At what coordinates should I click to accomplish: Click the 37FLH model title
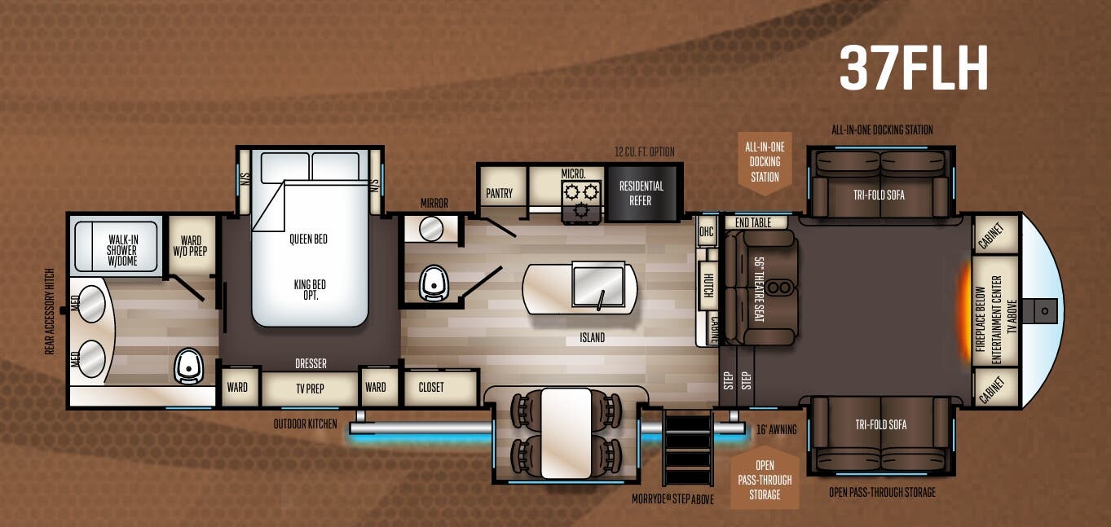914,68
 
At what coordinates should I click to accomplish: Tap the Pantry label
499,193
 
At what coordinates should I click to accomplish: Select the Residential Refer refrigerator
641,193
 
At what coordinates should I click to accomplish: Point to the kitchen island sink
598,284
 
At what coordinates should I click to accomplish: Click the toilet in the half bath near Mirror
433,283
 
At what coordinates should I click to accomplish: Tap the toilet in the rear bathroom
188,367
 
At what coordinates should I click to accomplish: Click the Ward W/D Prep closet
191,245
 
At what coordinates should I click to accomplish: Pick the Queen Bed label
308,239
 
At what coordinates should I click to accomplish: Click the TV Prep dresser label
310,388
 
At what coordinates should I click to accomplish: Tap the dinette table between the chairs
566,433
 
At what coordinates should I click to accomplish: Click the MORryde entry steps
688,450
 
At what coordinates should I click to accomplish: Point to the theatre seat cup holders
781,286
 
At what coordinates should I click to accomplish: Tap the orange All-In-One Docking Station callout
764,161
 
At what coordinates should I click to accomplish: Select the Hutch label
708,284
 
